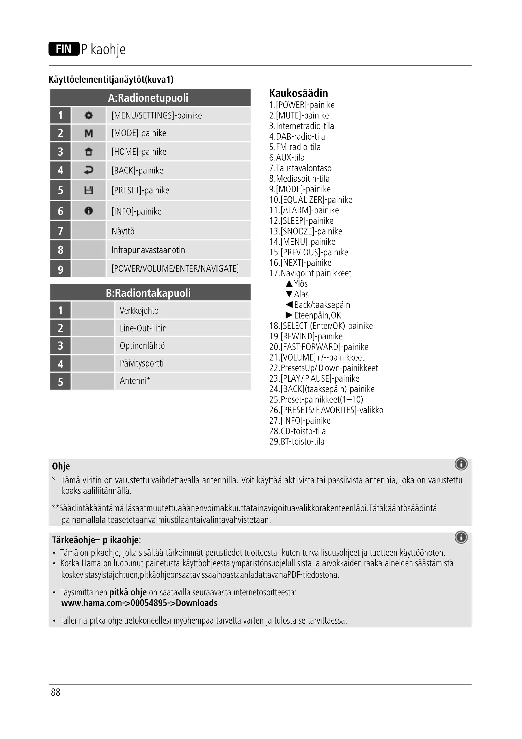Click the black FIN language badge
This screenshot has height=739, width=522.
pyautogui.click(x=64, y=49)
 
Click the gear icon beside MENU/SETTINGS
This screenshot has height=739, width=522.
pyautogui.click(x=88, y=115)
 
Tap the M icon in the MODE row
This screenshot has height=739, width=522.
pyautogui.click(x=88, y=133)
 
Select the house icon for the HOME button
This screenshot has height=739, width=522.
pyautogui.click(x=88, y=152)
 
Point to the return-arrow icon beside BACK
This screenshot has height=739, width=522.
pyautogui.click(x=88, y=170)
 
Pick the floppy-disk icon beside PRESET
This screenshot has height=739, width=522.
pyautogui.click(x=88, y=190)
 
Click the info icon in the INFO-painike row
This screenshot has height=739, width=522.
pyautogui.click(x=88, y=211)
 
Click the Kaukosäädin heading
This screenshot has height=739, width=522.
pyautogui.click(x=298, y=93)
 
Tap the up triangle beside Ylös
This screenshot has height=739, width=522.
pyautogui.click(x=289, y=283)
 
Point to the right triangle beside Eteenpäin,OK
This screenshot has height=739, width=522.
pyautogui.click(x=289, y=315)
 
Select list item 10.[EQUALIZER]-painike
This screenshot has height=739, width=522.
pyautogui.click(x=311, y=200)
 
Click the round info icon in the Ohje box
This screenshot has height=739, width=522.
pyautogui.click(x=461, y=464)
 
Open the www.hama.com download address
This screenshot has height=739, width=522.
pyautogui.click(x=139, y=603)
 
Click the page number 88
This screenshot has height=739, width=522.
pyautogui.click(x=56, y=692)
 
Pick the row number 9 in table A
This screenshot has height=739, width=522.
pyautogui.click(x=60, y=269)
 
